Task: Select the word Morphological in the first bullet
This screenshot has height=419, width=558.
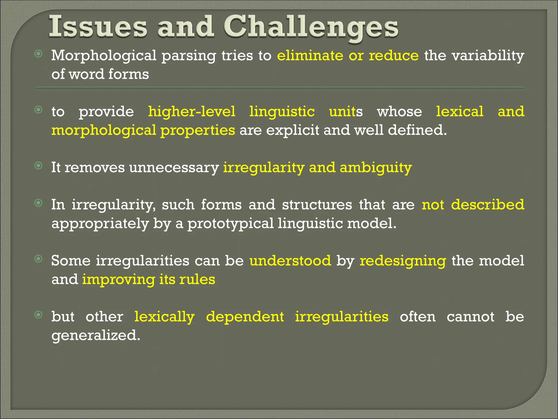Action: (104, 56)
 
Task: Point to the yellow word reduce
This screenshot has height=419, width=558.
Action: (394, 56)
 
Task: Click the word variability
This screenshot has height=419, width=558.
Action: (488, 56)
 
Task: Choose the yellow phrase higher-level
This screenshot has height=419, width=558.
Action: (192, 112)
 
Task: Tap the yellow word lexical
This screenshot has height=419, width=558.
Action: (460, 112)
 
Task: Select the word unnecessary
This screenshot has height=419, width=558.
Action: (174, 167)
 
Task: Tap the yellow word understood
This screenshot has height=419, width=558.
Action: (290, 261)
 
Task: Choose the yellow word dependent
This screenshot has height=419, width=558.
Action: (245, 317)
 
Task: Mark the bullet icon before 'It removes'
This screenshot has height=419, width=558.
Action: (39, 166)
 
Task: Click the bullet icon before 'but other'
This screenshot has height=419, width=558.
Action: (39, 315)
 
